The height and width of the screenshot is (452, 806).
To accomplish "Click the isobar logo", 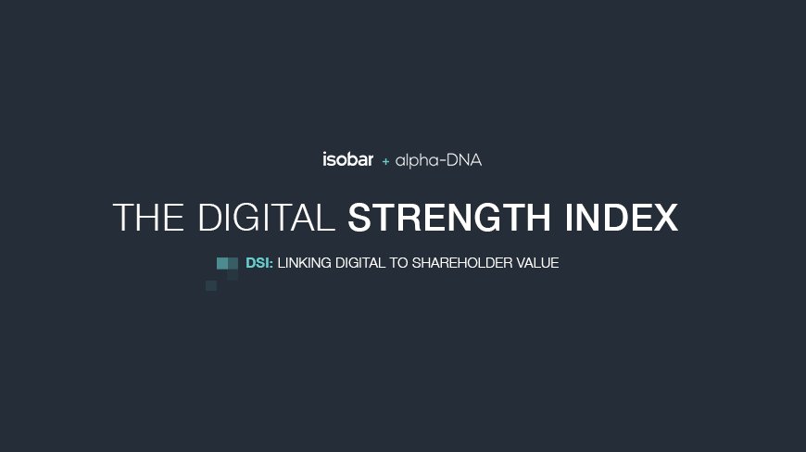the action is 348,159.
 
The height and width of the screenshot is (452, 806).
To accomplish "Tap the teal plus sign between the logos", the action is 385,162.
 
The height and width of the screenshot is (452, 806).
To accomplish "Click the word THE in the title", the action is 148,218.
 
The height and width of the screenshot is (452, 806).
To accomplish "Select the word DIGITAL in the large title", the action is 266,218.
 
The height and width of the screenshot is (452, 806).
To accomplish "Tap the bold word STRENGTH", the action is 449,218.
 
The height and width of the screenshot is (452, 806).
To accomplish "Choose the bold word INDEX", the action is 622,218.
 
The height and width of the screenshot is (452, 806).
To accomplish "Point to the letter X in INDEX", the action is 665,218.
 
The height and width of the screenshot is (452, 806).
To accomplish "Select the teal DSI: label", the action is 259,263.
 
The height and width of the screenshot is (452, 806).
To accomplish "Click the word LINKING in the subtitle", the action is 304,263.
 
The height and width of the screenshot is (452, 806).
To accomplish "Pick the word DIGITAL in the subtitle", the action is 359,263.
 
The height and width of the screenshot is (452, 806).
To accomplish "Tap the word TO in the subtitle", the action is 398,263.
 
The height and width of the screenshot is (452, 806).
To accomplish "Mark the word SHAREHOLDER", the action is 462,263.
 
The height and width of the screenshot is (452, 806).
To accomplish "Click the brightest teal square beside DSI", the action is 222,263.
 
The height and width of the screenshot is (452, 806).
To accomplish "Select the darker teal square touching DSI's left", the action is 233,263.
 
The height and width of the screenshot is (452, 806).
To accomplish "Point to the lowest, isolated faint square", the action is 211,285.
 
